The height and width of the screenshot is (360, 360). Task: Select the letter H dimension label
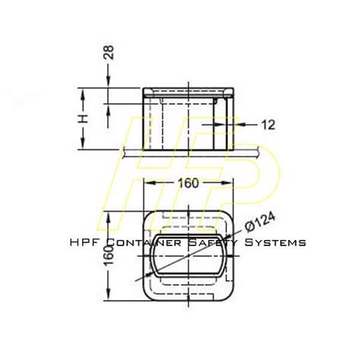coord(85,119)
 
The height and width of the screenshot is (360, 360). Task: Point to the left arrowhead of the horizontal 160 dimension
coord(147,183)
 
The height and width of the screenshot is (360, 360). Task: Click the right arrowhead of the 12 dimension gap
coord(223,124)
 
